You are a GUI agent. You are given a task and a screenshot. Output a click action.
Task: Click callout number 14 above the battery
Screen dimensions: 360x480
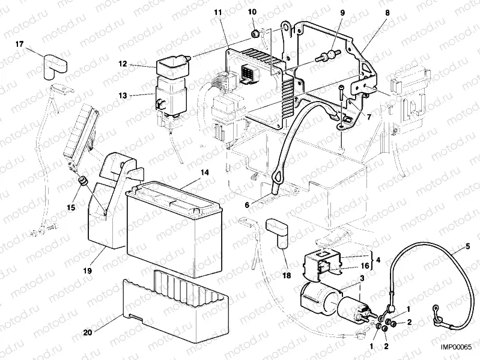pyautogui.click(x=204, y=172)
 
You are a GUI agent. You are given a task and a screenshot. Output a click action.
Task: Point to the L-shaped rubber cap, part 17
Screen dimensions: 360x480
pyautogui.click(x=52, y=63)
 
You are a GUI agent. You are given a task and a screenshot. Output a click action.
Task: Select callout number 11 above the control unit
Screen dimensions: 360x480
pyautogui.click(x=218, y=11)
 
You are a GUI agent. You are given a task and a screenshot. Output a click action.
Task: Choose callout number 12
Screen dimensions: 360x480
pyautogui.click(x=122, y=63)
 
